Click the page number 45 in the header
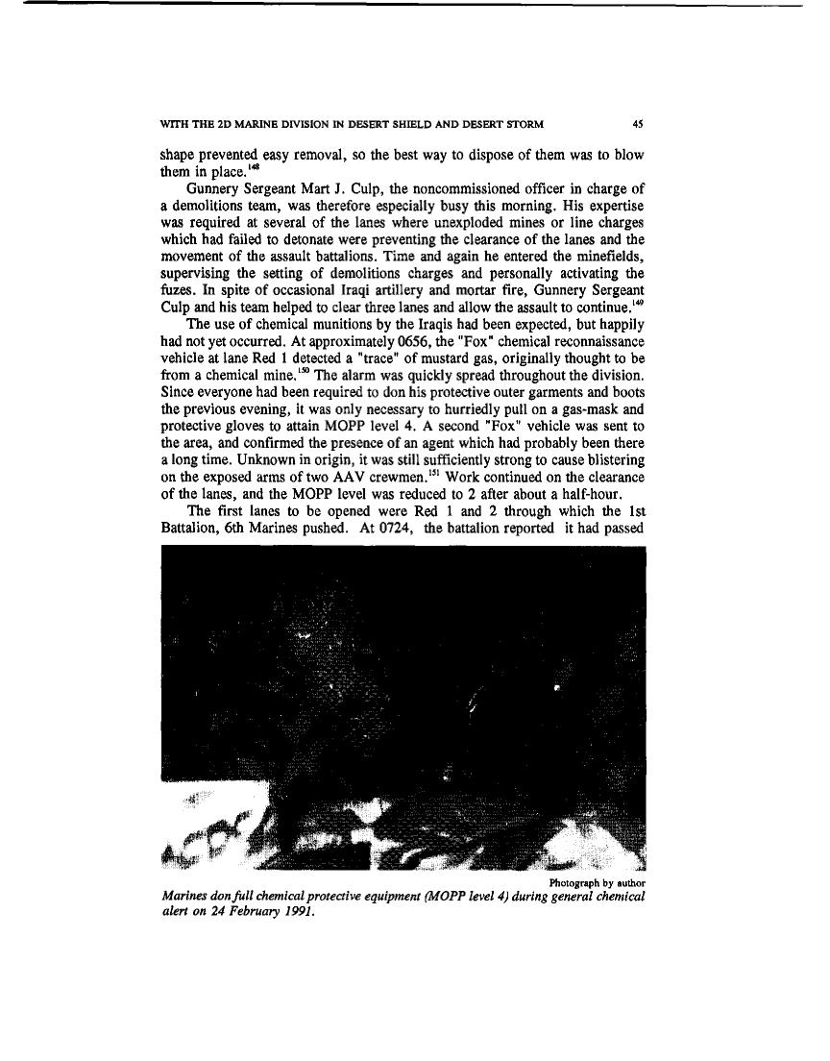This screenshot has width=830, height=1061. click(x=637, y=123)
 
